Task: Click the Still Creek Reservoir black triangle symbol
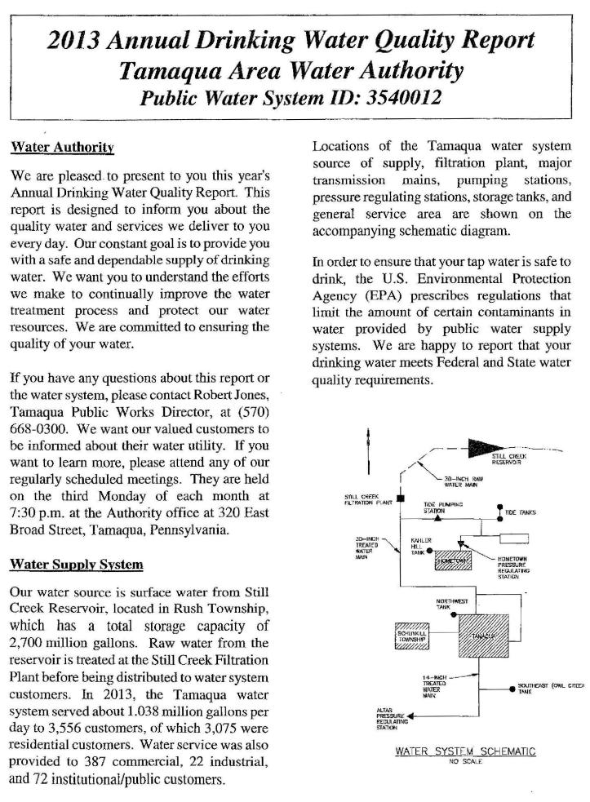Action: click(488, 448)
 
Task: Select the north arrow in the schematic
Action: click(368, 447)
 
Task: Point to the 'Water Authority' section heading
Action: click(62, 148)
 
